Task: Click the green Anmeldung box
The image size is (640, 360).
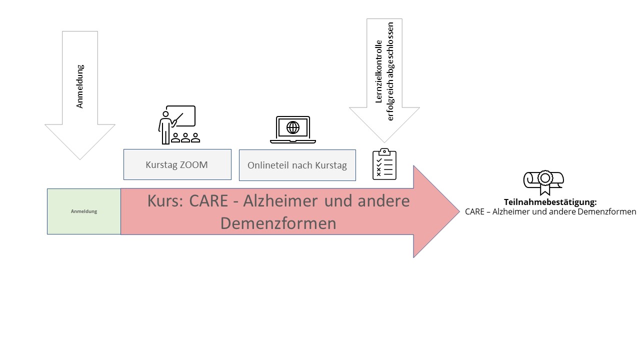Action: click(x=84, y=211)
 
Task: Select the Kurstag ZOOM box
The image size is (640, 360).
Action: click(x=177, y=164)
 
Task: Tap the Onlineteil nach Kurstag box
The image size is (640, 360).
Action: click(x=297, y=165)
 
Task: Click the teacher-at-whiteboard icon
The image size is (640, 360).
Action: click(x=177, y=124)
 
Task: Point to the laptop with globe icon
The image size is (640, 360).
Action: click(x=293, y=129)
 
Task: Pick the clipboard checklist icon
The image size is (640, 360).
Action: click(x=384, y=164)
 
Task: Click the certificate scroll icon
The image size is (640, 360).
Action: click(x=543, y=181)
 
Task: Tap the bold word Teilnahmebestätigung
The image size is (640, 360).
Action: click(x=550, y=202)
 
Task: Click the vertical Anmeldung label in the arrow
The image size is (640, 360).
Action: click(x=79, y=86)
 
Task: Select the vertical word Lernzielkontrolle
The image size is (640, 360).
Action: click(x=378, y=71)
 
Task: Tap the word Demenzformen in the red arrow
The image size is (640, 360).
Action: click(x=278, y=223)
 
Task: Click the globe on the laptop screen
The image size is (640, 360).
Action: click(x=293, y=127)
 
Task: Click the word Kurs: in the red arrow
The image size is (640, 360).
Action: click(x=165, y=200)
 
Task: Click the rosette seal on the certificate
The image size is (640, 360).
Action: click(x=544, y=178)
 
